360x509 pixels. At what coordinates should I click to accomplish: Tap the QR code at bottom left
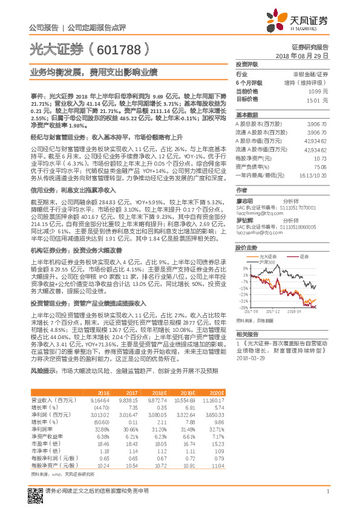tap(35, 490)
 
